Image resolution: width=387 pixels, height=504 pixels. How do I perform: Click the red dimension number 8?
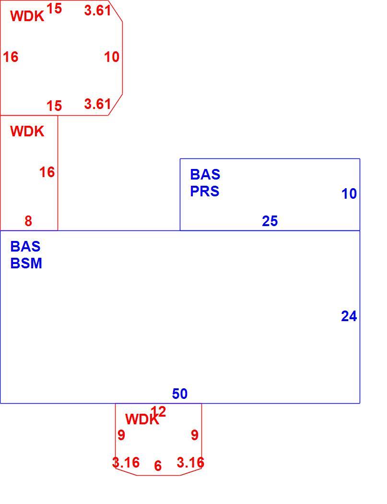pos(28,221)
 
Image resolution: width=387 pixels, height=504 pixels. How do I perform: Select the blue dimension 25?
pos(270,221)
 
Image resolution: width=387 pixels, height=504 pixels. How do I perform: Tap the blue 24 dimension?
pos(349,316)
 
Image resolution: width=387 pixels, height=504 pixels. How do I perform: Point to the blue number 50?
pos(180,394)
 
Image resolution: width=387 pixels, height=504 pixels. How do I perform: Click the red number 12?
pos(158,412)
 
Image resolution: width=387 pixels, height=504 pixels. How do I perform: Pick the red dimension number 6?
pos(158,466)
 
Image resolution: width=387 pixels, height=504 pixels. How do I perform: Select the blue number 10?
pos(349,193)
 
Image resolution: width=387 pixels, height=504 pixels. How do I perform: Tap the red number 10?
pos(111,57)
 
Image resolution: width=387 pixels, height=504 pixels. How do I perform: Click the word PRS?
pos(205,191)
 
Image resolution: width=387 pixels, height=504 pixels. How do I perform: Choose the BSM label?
pos(26,263)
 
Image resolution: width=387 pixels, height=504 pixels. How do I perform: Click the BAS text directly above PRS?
pos(205,175)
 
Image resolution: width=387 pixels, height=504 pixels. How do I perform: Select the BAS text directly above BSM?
pos(25,247)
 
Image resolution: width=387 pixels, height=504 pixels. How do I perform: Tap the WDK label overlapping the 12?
pos(142,420)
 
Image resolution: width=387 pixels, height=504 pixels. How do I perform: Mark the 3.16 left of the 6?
pos(126,463)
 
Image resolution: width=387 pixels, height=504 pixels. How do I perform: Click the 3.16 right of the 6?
pos(190,463)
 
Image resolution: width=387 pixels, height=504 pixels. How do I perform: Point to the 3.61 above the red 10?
pos(98,11)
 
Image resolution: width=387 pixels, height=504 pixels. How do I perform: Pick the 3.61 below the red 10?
pos(98,104)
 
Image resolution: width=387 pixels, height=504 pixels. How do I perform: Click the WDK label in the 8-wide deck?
pos(27,132)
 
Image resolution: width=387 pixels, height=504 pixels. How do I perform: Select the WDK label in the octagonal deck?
pos(27,16)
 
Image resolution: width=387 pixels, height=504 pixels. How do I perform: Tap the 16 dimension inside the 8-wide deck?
pos(47,172)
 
